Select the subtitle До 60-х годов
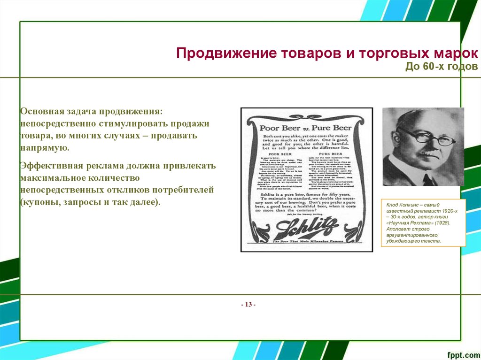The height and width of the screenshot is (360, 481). pos(442,67)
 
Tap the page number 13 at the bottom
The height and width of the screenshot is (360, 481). pos(248,305)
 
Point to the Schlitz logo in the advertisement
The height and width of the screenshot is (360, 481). pos(307,228)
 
